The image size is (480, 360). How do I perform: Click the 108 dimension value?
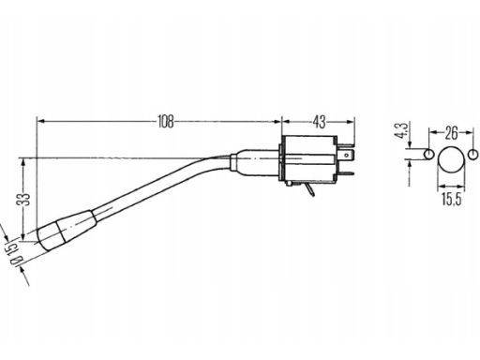point(166,121)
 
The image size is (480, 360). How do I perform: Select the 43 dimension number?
point(319,121)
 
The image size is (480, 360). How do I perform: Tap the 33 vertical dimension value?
point(24,200)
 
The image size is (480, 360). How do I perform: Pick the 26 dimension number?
point(451,133)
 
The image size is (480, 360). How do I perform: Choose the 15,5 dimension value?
point(451,200)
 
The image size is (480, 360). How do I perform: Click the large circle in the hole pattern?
point(451,159)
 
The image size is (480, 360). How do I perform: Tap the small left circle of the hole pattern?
point(428,154)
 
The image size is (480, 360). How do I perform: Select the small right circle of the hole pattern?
point(473,154)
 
